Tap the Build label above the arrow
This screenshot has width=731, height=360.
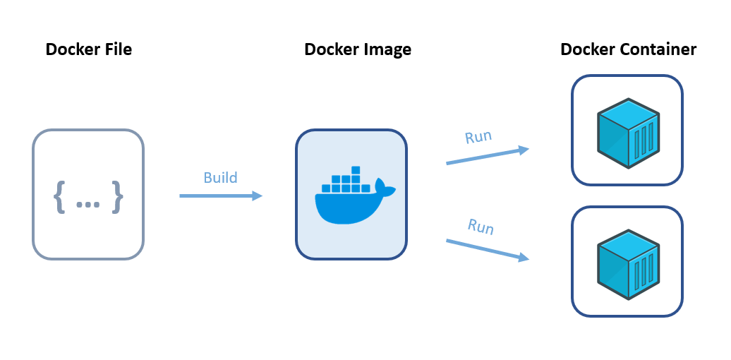(x=220, y=177)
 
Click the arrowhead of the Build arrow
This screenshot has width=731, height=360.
(x=258, y=196)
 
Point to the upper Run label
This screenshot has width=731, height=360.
(x=478, y=136)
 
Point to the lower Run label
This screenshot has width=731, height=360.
(x=481, y=227)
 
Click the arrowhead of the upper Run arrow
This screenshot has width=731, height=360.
(x=524, y=149)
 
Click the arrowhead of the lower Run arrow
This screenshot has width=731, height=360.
(x=524, y=258)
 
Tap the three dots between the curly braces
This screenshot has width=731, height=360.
(x=88, y=203)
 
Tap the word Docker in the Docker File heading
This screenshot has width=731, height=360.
(x=72, y=49)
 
